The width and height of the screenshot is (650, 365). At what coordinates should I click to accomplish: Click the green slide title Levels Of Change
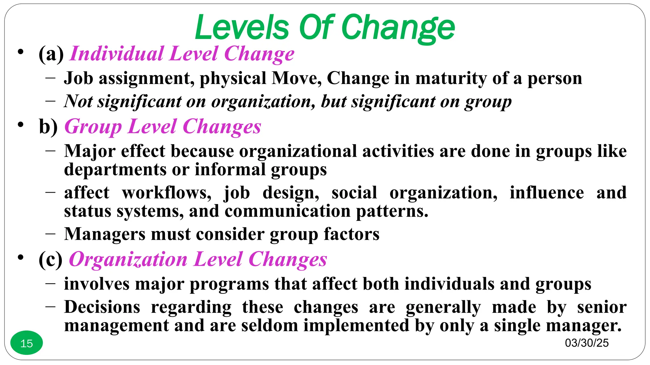tap(325, 28)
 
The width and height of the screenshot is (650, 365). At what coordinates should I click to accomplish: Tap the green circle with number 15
tap(27, 343)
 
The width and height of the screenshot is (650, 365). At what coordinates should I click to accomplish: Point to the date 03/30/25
tap(587, 343)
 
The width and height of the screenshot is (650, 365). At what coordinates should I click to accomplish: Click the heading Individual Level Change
tap(182, 54)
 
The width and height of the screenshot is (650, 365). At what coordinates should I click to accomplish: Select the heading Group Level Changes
tap(162, 127)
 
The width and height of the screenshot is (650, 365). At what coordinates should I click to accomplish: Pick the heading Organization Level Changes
tap(198, 259)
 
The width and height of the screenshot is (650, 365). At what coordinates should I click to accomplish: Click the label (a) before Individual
tap(51, 54)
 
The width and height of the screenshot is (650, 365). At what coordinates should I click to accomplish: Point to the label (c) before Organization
tap(51, 259)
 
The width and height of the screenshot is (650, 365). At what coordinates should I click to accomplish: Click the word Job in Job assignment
tap(78, 78)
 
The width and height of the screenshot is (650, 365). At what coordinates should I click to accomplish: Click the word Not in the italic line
tap(78, 101)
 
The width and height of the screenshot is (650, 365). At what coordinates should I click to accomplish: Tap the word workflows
tap(166, 193)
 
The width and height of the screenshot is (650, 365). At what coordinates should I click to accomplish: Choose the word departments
tap(115, 170)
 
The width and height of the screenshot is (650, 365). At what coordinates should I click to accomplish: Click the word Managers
tap(105, 234)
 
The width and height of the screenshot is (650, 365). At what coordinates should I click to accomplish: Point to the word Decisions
tap(102, 307)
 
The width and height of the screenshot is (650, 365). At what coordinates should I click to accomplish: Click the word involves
tap(97, 284)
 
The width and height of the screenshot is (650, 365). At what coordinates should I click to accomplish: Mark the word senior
tap(602, 307)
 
